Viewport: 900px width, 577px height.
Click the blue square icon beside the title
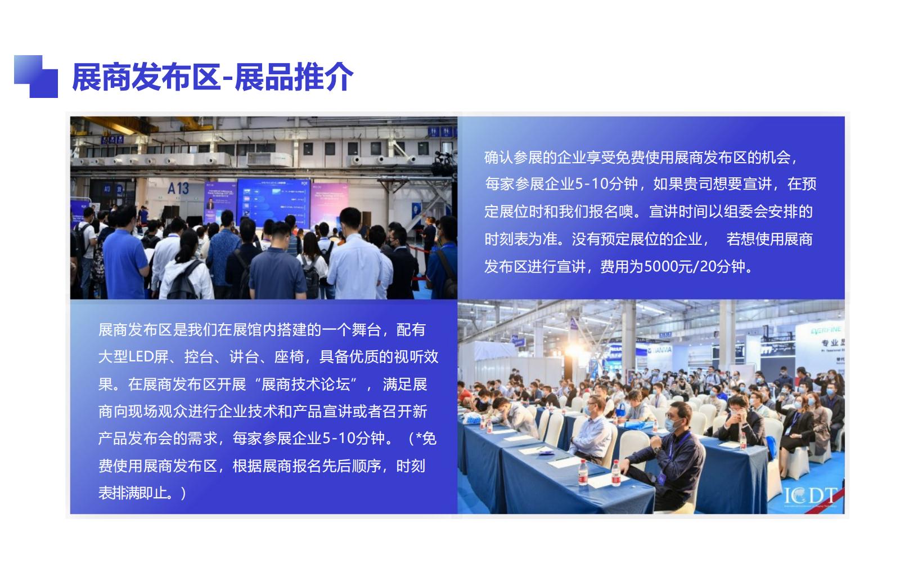(36, 77)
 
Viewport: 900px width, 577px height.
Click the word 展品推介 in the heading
(294, 77)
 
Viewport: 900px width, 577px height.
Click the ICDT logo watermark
(810, 496)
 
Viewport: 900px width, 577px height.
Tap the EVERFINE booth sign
(826, 330)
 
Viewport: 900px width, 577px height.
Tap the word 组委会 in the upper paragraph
(729, 212)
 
